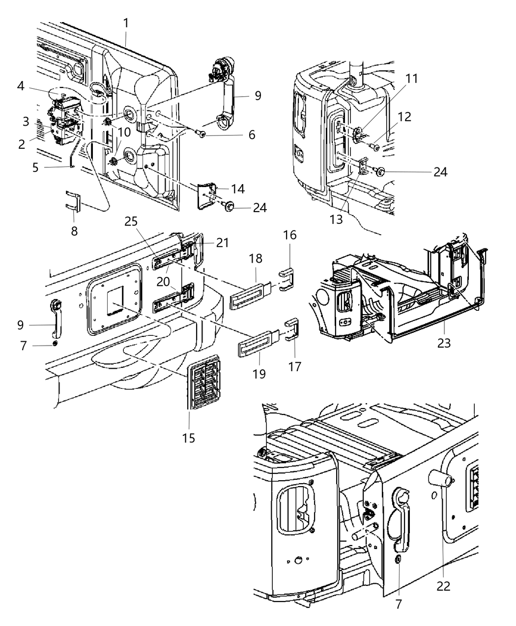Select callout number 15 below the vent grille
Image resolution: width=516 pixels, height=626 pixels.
[189, 437]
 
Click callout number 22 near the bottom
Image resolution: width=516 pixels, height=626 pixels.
[443, 586]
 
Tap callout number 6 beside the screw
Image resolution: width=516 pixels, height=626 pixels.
[252, 135]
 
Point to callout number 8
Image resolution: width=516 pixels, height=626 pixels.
[74, 231]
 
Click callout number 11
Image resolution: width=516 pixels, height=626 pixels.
[411, 79]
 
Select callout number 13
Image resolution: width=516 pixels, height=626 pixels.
[336, 219]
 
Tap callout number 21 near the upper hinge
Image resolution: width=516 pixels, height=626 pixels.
[223, 242]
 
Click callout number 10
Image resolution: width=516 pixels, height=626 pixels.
[124, 132]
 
